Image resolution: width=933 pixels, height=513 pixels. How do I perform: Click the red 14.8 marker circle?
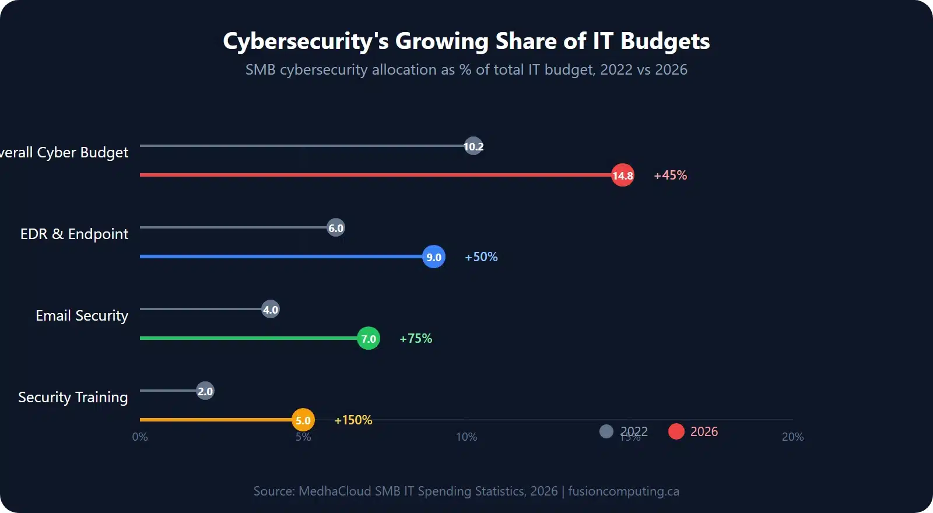(622, 175)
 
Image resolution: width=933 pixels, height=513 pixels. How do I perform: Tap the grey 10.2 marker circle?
(473, 146)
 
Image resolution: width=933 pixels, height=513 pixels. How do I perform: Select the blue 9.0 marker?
(433, 256)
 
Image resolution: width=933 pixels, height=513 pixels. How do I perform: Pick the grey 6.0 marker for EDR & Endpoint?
(335, 227)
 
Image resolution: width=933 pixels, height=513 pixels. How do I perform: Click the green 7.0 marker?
(368, 338)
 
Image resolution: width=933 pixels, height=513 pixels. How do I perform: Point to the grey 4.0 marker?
(270, 309)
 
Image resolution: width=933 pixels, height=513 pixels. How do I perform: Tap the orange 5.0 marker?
(303, 420)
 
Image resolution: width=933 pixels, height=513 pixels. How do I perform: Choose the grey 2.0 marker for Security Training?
(205, 391)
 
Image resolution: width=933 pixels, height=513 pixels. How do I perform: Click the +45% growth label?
(670, 175)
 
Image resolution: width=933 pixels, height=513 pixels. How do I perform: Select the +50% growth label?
(481, 256)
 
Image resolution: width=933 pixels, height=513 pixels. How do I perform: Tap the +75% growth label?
(416, 338)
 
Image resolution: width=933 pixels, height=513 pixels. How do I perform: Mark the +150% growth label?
(353, 420)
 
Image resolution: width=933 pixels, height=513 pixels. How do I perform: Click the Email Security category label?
(82, 315)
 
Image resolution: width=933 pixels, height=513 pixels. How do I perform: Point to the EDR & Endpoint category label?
(74, 234)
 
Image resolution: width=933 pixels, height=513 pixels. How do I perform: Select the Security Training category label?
(73, 397)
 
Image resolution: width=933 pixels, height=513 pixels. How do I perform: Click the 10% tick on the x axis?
(466, 437)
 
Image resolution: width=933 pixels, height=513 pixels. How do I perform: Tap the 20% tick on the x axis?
(792, 437)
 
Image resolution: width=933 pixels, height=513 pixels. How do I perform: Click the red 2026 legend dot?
(676, 431)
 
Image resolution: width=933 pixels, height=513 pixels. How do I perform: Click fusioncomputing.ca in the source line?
(623, 491)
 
